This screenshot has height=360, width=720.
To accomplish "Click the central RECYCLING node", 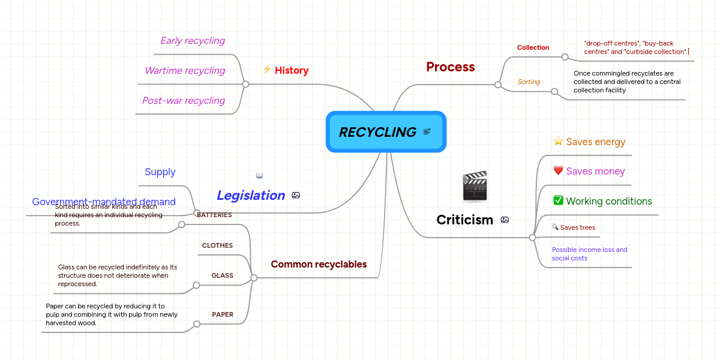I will point(378,132).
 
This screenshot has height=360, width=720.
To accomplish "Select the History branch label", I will point(292,70).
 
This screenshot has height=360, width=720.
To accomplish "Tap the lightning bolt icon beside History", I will point(267,70).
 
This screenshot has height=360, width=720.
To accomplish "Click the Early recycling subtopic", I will point(192,41).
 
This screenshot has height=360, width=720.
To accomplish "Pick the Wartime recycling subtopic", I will point(184,71).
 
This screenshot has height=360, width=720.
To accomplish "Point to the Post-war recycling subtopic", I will point(183,101).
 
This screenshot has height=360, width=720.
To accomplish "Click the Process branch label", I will point(450,67).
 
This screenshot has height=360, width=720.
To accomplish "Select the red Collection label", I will point(533,47).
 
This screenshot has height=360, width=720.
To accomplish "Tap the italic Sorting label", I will point(529,82).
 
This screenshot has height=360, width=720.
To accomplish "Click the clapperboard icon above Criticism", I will point(475,186).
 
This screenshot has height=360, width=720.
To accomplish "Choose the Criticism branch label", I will point(464,220).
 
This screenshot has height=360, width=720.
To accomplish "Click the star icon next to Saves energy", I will point(558,142).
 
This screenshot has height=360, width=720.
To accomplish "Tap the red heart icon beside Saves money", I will point(558,171).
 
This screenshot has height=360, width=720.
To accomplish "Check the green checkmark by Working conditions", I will point(558,200).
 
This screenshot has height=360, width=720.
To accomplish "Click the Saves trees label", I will point(577,227).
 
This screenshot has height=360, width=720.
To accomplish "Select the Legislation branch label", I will point(250,195).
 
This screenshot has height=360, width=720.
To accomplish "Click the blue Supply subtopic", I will point(160,172).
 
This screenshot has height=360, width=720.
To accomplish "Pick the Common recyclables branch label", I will point(319,264).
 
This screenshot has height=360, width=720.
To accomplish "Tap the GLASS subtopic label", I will point(222,275).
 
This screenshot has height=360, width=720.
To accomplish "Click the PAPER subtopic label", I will point(222,314).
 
